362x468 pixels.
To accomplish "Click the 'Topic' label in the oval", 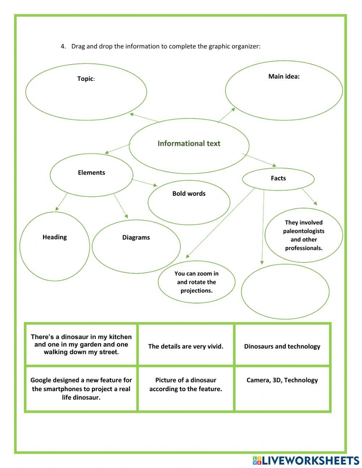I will pos(85,79).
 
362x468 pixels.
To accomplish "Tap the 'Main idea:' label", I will pos(284,76).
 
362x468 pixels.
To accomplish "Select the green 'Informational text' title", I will pos(189,144).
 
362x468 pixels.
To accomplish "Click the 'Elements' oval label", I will pos(91,173).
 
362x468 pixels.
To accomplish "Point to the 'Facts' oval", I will pos(278,178).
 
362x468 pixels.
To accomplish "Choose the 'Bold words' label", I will pos(189,194).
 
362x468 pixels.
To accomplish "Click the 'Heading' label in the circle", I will pos(55,237).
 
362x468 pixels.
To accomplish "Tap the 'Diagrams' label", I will pos(136,237).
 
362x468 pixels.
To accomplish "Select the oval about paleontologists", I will pos(304,235).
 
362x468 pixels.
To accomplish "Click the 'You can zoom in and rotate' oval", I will pos(196,282).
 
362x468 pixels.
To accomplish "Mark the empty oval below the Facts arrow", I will pos(285,291).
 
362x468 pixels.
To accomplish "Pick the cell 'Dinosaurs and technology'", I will pos(282,346).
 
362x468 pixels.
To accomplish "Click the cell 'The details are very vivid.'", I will pos(186,346).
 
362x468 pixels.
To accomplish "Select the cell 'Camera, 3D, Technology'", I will pos(282,380).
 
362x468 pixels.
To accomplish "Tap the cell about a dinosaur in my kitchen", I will pos(81,344).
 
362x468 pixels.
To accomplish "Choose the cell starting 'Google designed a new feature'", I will pos(81,389).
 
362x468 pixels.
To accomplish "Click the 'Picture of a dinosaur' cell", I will pos(186,385).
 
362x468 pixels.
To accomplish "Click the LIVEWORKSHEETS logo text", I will pos(310,460).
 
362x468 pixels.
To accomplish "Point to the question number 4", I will pos(63,46).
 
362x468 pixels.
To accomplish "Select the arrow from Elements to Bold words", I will pos(144,183).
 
